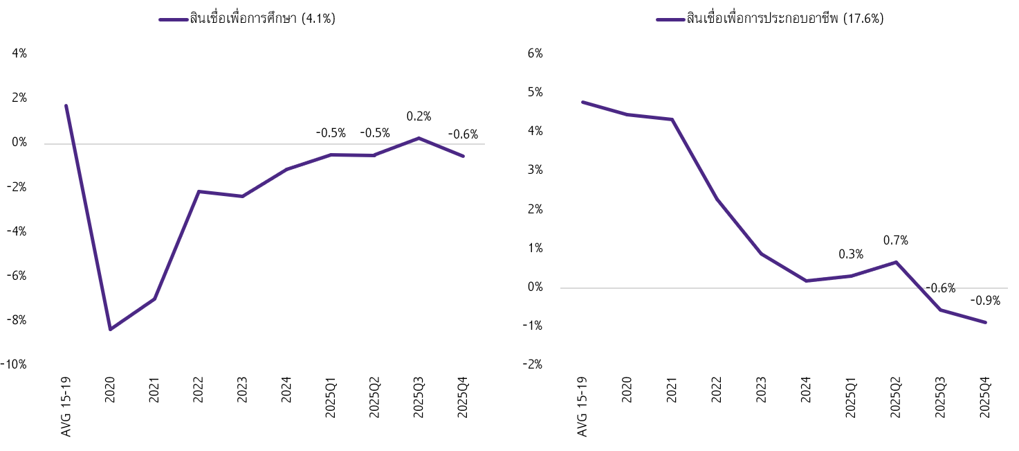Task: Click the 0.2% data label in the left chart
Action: pos(418,117)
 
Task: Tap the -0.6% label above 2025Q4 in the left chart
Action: pos(463,134)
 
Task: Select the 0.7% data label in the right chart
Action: pos(896,240)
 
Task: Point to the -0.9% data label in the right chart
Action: pos(984,301)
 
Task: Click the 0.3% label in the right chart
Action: pos(851,254)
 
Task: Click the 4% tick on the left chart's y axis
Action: pos(19,53)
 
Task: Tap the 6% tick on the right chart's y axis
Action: pos(535,53)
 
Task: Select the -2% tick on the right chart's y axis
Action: pos(533,365)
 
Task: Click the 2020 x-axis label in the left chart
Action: pos(111,391)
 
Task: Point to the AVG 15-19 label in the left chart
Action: pos(66,407)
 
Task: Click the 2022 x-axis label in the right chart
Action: pos(717,391)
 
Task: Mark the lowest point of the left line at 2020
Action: pos(110,329)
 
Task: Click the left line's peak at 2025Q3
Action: pos(419,138)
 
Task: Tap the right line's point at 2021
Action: pos(672,120)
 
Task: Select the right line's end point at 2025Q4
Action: pos(985,322)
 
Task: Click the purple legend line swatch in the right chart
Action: pos(670,19)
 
